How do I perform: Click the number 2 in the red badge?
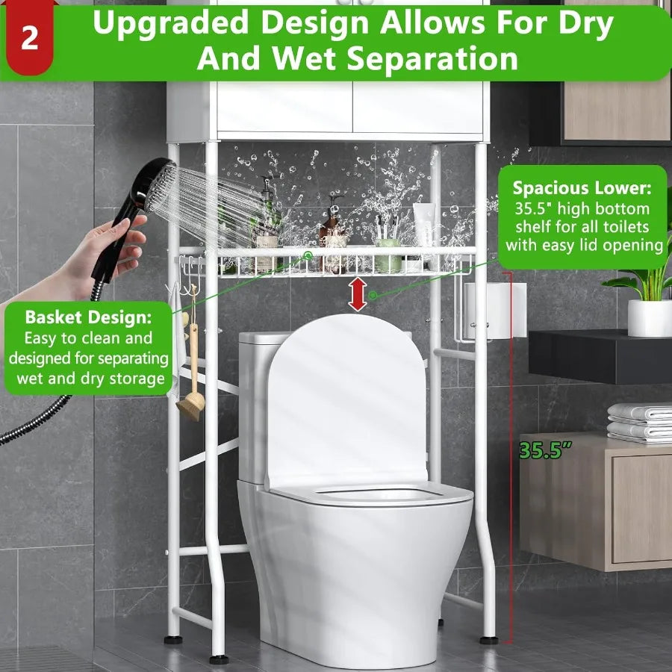(29, 37)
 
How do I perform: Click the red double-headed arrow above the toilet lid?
(358, 293)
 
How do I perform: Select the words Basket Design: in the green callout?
(88, 317)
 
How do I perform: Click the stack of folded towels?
(640, 423)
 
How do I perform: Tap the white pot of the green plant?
(649, 318)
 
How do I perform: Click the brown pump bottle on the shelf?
(329, 235)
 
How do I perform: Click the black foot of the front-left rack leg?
(219, 659)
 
